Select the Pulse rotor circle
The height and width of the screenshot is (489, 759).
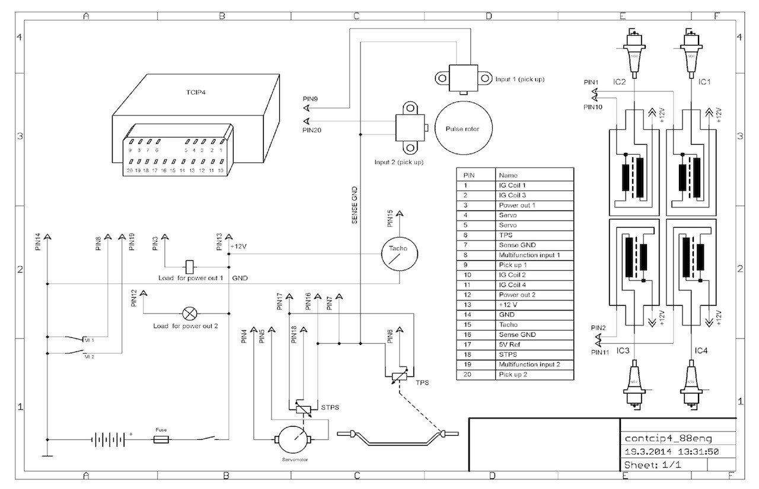457,129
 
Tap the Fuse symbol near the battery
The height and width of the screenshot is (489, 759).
161,439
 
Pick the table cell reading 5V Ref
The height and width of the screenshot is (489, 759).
510,344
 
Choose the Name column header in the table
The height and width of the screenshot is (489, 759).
509,175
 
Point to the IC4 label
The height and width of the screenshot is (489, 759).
701,351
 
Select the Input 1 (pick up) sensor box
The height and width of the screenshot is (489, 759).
464,77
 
